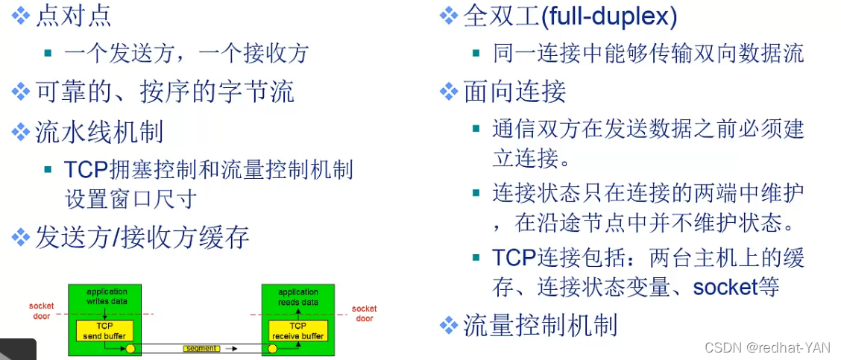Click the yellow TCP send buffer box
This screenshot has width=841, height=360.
click(x=104, y=331)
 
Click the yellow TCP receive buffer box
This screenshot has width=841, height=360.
click(x=297, y=331)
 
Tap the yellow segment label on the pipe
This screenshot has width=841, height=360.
click(x=201, y=348)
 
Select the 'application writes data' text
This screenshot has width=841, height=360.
click(x=107, y=297)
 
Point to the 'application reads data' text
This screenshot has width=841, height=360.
click(x=298, y=297)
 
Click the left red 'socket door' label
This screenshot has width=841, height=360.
click(x=42, y=312)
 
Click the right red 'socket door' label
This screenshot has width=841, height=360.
click(x=365, y=313)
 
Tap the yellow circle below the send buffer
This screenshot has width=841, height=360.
click(x=130, y=348)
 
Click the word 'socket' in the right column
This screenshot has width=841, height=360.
click(x=725, y=287)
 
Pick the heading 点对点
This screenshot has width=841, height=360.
click(x=75, y=16)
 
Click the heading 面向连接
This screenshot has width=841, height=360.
click(x=514, y=91)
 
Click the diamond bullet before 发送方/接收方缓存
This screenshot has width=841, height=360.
click(x=21, y=238)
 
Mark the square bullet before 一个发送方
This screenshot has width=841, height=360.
click(x=48, y=54)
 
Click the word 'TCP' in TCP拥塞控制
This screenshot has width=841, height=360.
click(x=86, y=169)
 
